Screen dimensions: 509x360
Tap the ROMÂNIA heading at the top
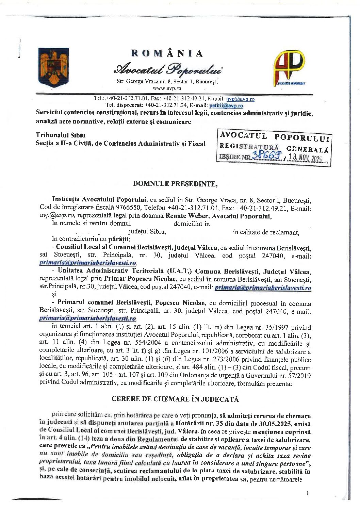click(167, 53)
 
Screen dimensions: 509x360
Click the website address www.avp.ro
click(167, 88)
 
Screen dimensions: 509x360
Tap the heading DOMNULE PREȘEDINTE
click(175, 184)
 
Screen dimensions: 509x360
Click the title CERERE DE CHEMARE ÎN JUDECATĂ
click(175, 399)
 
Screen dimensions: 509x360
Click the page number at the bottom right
click(307, 492)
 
